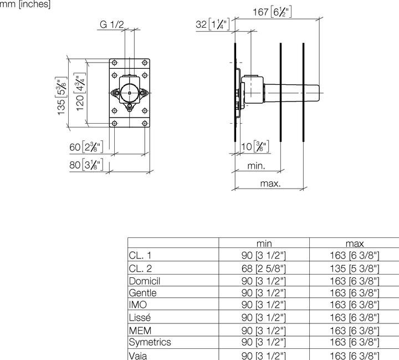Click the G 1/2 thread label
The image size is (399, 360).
[x=112, y=25]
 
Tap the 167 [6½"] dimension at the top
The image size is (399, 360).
[x=272, y=12]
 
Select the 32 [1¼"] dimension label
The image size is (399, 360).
[x=213, y=24]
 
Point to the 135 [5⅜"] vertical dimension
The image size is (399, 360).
[x=61, y=96]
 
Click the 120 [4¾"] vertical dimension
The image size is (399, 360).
[x=80, y=92]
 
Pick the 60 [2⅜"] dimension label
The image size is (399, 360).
[x=86, y=147]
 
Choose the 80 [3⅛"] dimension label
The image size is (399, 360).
[x=86, y=165]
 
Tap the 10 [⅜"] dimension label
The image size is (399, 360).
[x=255, y=147]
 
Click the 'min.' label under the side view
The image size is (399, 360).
[x=256, y=166]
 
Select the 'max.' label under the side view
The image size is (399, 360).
[x=270, y=184]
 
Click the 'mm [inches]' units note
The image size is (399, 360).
[x=25, y=4]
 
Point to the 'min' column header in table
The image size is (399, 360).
[x=264, y=244]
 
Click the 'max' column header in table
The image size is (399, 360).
[x=355, y=244]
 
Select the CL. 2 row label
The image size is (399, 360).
[x=140, y=268]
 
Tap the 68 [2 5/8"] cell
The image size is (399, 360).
[x=264, y=268]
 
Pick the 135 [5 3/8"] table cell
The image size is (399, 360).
[x=355, y=268]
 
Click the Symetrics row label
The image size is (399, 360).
[x=150, y=342]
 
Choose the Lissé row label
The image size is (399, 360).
[x=140, y=317]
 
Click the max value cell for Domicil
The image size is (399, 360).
[x=355, y=281]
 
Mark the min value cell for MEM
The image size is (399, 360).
[x=264, y=331]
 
